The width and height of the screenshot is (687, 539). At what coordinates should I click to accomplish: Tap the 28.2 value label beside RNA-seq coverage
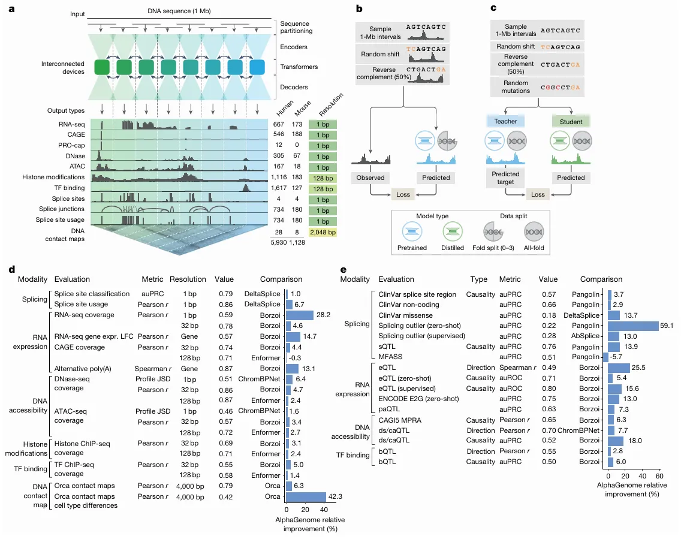pos(324,315)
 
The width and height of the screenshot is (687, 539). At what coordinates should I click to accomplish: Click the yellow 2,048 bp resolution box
pos(323,231)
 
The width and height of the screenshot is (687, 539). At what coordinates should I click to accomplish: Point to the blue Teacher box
pos(505,121)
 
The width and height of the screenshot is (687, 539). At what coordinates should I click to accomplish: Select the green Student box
pos(570,121)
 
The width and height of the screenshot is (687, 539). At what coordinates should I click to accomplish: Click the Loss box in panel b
pos(404,194)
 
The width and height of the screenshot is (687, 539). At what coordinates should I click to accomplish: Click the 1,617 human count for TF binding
pos(279,188)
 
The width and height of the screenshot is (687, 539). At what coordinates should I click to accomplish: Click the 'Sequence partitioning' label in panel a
pos(296,27)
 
